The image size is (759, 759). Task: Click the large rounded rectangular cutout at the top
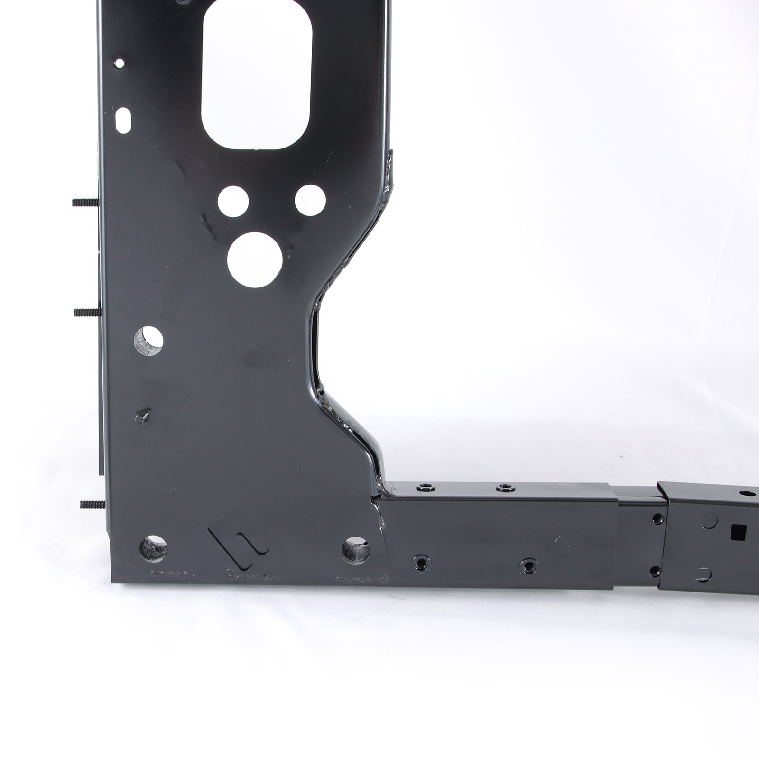tap(257, 76)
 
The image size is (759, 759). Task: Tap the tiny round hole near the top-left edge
tap(119, 63)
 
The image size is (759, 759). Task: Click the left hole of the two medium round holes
tap(233, 202)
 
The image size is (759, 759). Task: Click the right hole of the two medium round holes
tap(310, 201)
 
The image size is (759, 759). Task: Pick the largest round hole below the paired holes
tap(252, 259)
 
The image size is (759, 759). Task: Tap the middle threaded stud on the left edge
tap(86, 312)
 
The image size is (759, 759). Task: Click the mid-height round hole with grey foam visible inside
tap(148, 340)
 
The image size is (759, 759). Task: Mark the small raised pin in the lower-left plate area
tap(142, 416)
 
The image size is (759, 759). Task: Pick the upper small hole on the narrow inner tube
tap(657, 519)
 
